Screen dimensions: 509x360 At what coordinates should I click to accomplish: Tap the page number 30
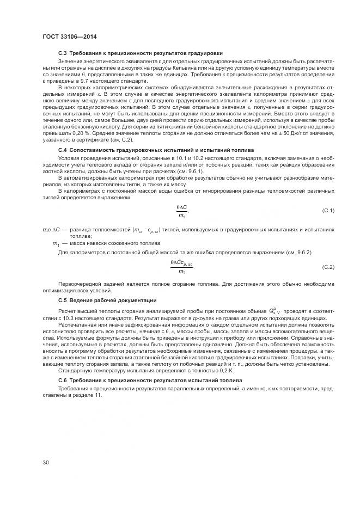click(x=46, y=463)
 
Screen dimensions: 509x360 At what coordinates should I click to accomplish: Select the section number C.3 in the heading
click(x=62, y=53)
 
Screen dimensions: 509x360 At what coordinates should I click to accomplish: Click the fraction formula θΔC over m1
click(x=182, y=211)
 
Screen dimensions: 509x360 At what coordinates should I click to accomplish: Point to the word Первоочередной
click(x=77, y=285)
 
